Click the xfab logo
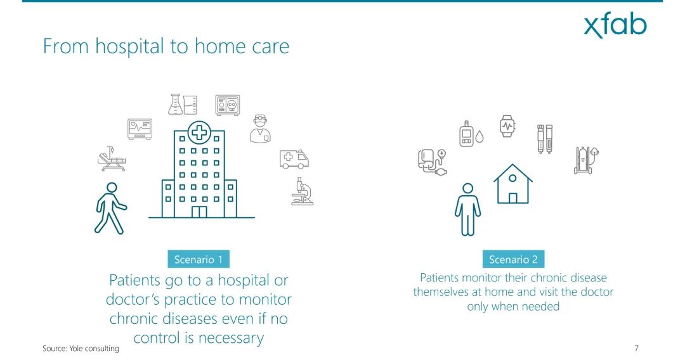(x=615, y=26)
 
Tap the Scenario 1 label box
(x=199, y=259)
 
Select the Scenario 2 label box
(x=513, y=259)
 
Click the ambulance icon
(x=294, y=159)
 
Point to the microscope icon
(x=303, y=191)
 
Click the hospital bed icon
(x=112, y=159)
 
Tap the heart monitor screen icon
(x=140, y=129)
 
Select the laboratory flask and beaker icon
(x=183, y=105)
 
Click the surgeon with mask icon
(x=260, y=129)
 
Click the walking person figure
(x=110, y=208)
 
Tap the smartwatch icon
(x=507, y=126)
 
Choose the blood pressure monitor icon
(x=432, y=162)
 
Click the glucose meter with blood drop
(x=471, y=134)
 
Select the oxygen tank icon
(x=586, y=160)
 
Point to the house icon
(x=513, y=184)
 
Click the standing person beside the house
(x=467, y=209)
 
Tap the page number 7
(x=637, y=348)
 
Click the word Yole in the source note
(x=77, y=348)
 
